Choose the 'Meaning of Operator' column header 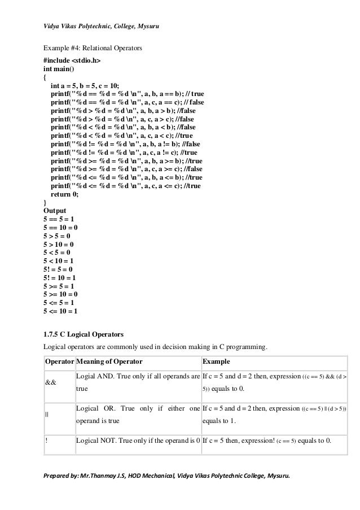(x=109, y=361)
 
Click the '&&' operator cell (x=50, y=382)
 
